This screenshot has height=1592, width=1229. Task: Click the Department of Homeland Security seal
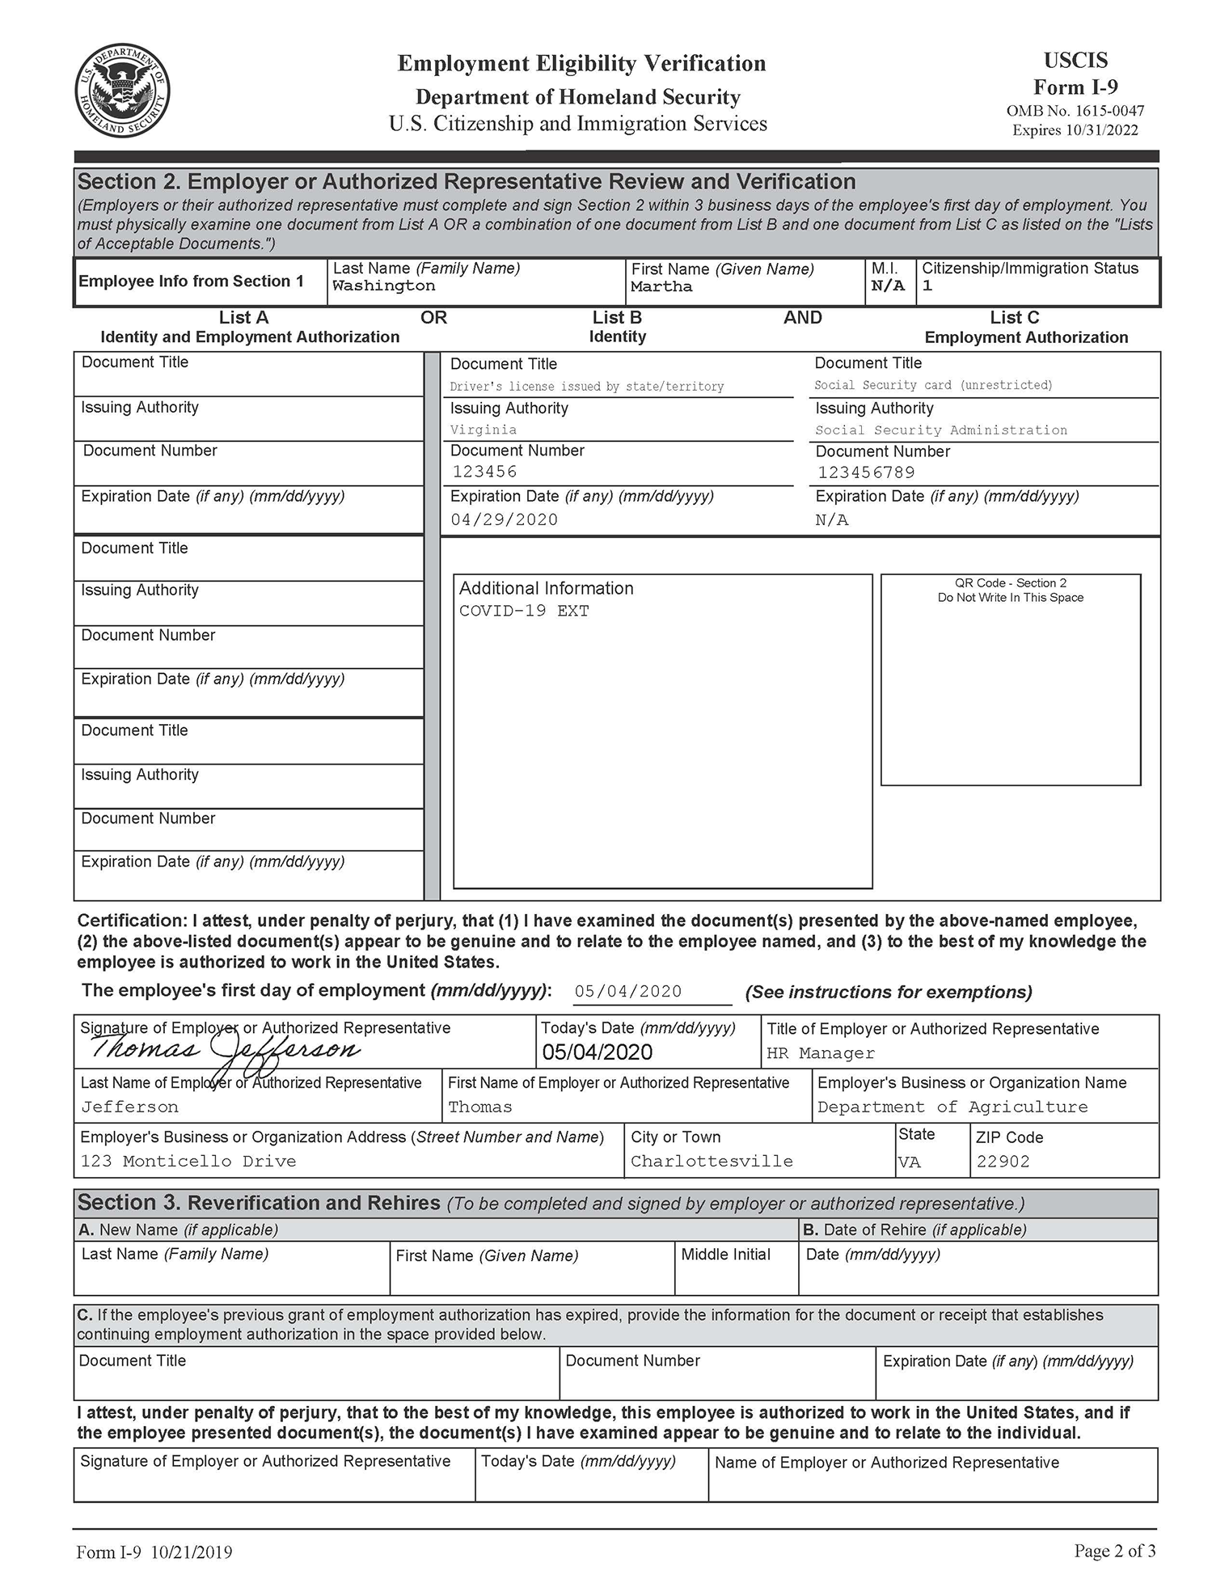tap(122, 91)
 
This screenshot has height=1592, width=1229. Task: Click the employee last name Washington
tap(383, 286)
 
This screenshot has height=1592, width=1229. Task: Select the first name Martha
tap(661, 287)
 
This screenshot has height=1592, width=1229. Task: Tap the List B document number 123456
tap(484, 472)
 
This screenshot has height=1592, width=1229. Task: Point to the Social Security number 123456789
tap(866, 472)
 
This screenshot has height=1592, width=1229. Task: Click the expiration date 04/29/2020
tap(505, 519)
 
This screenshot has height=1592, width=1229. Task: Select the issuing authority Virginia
tap(484, 430)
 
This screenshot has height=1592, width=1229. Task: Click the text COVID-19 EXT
tap(524, 611)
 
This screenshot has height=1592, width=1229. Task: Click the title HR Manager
tap(821, 1053)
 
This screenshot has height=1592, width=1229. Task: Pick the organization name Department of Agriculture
tap(952, 1107)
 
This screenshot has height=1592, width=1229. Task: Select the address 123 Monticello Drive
tap(188, 1162)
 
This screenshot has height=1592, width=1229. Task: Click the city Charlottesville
tap(712, 1162)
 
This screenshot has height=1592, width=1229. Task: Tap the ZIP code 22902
tap(1003, 1162)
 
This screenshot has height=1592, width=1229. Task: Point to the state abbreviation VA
tap(910, 1162)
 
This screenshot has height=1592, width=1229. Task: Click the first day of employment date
tap(628, 992)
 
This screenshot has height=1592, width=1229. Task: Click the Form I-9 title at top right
tap(1075, 87)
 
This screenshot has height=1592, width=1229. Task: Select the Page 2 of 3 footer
tap(1114, 1551)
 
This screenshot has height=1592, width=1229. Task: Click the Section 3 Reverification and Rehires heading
tap(259, 1203)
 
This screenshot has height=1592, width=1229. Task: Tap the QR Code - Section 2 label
tap(1010, 583)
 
